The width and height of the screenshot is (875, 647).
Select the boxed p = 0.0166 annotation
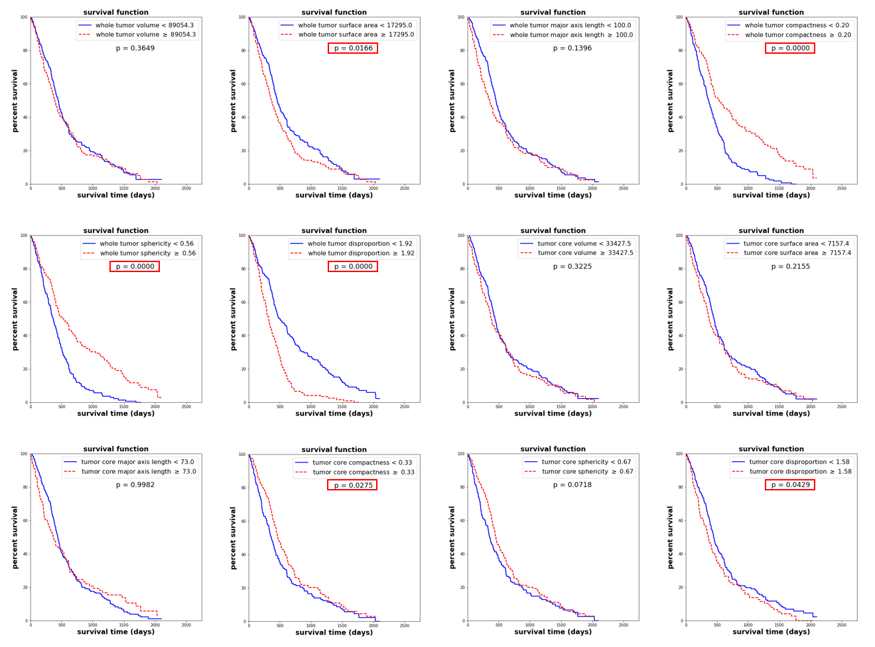(353, 48)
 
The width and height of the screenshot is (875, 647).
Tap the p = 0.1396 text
(572, 48)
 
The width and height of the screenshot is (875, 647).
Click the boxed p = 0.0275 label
(352, 485)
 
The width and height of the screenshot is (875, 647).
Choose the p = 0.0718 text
(572, 485)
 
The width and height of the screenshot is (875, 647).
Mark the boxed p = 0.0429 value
(789, 485)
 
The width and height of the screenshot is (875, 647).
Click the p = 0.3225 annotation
(572, 267)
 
